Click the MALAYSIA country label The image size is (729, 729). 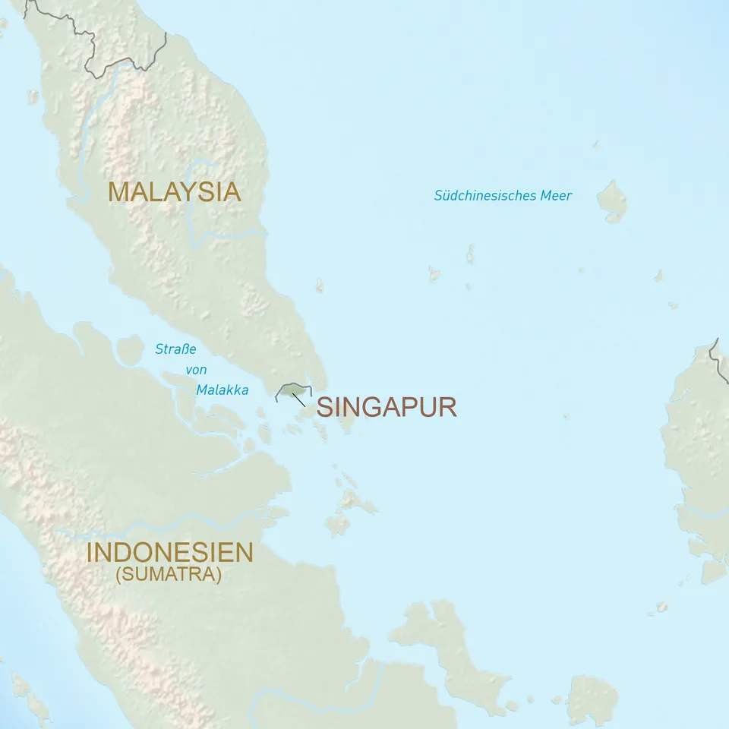(x=174, y=191)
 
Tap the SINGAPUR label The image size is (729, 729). (x=387, y=407)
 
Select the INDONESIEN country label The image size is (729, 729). (x=169, y=552)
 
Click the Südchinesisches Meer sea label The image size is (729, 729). (x=503, y=196)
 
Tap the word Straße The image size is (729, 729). (x=175, y=350)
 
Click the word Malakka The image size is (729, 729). (x=222, y=390)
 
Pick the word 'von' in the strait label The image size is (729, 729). (x=196, y=371)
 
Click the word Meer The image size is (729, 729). (x=556, y=196)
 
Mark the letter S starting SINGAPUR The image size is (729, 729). (x=325, y=407)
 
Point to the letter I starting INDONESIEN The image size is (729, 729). (x=90, y=552)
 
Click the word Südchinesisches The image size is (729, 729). (x=484, y=196)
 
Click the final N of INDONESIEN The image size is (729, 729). (x=243, y=552)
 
